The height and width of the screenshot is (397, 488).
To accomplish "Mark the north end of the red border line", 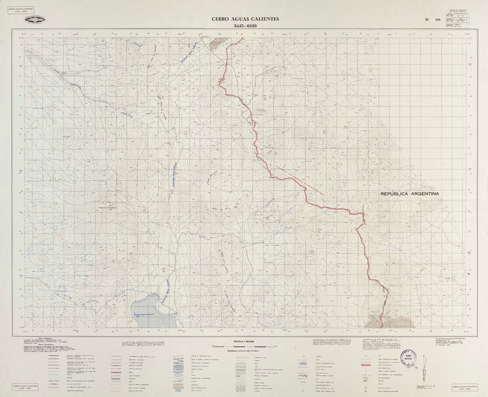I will pyautogui.click(x=243, y=38).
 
